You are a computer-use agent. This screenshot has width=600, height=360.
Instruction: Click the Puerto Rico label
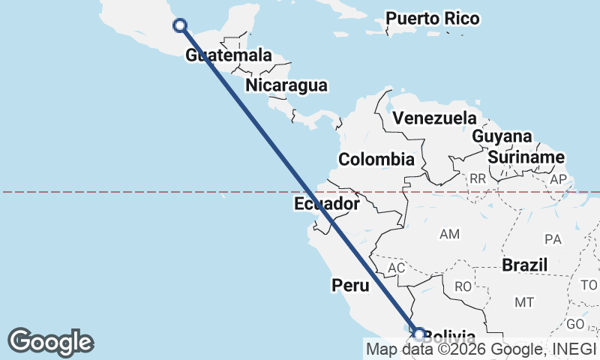(433, 18)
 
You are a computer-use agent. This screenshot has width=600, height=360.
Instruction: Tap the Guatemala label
(228, 55)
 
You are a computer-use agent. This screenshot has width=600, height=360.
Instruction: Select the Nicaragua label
(286, 85)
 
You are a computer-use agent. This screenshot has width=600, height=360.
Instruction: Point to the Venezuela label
(435, 118)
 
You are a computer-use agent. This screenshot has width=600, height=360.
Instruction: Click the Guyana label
(502, 136)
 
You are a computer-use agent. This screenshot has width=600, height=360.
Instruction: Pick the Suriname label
(526, 157)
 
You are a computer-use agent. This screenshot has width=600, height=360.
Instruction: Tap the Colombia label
(376, 159)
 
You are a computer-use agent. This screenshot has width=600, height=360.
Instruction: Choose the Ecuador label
(327, 203)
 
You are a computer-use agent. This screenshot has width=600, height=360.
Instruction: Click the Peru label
(350, 285)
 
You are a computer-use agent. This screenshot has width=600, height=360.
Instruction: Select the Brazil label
(525, 265)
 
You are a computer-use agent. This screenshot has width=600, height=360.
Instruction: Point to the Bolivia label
(449, 336)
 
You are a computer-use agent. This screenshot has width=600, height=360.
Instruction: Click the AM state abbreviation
(449, 235)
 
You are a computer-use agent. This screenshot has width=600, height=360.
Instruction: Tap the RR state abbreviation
(478, 179)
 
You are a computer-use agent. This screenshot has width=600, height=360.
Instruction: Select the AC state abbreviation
(397, 268)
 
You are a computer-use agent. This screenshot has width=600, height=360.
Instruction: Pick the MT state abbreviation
(523, 302)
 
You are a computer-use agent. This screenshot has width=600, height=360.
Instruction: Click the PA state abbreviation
(553, 239)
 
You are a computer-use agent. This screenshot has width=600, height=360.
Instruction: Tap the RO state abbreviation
(463, 286)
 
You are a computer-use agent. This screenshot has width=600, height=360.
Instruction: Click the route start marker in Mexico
(180, 25)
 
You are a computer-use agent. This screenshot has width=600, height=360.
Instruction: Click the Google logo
(50, 341)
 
